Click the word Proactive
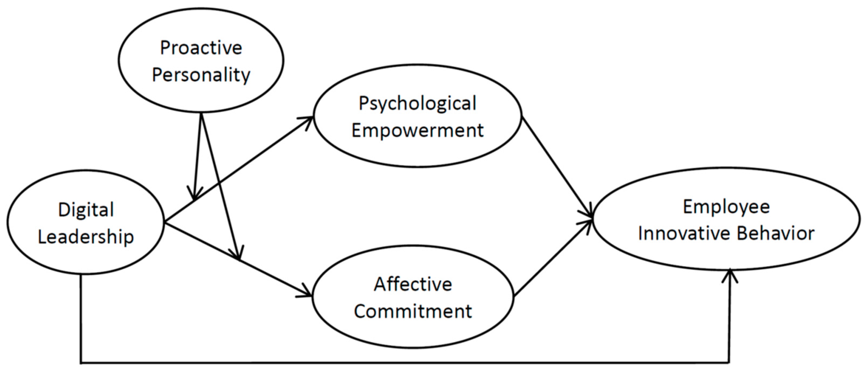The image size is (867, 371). click(201, 48)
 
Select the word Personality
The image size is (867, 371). click(201, 75)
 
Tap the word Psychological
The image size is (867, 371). click(417, 103)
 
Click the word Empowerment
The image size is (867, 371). click(417, 130)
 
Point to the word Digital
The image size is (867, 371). click(86, 210)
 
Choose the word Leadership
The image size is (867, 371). click(86, 237)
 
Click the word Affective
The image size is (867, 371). click(413, 284)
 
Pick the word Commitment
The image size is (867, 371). click(413, 311)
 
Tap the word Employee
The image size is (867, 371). click(726, 206)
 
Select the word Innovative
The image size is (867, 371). click(683, 234)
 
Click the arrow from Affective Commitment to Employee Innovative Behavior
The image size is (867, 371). click(552, 259)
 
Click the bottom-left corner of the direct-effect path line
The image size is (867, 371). click(81, 363)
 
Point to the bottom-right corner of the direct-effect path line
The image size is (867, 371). click(729, 363)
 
